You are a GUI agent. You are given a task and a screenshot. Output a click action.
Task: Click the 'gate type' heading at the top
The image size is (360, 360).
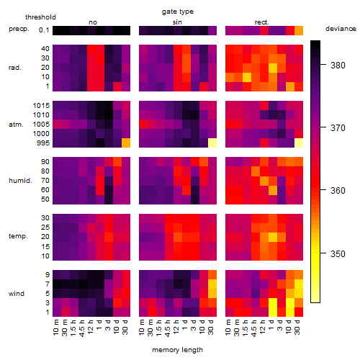click(x=178, y=12)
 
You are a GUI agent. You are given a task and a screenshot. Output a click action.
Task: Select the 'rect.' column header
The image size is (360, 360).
click(x=262, y=22)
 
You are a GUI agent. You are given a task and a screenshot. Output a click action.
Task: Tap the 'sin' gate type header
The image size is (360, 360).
click(x=177, y=22)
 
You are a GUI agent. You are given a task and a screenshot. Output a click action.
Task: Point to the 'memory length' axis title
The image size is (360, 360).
click(x=177, y=350)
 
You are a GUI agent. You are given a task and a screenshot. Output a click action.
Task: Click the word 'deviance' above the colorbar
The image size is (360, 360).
click(x=341, y=29)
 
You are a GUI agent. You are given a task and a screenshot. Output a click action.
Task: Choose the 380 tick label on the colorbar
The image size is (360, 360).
click(x=338, y=65)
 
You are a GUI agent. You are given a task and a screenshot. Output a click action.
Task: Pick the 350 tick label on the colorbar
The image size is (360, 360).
click(x=338, y=253)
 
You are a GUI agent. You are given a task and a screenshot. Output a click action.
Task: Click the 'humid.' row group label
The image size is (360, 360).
click(x=20, y=181)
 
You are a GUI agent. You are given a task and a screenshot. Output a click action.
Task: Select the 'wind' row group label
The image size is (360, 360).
click(x=17, y=294)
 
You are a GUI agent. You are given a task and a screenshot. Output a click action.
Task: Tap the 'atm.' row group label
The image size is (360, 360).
click(x=16, y=125)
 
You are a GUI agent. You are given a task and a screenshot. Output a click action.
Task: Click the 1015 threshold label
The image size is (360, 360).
click(x=41, y=105)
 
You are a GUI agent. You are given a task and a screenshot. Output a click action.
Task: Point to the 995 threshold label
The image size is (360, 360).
click(x=43, y=143)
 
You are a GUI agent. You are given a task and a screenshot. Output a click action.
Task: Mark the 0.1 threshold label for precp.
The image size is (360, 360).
click(x=44, y=30)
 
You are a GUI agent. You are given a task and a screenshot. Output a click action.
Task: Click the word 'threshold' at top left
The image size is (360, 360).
click(x=40, y=17)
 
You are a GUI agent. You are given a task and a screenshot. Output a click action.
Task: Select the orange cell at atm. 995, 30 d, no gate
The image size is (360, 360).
click(x=126, y=143)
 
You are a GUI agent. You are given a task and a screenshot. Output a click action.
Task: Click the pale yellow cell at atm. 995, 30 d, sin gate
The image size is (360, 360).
click(x=212, y=143)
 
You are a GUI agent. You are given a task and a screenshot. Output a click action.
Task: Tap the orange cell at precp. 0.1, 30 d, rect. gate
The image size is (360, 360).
click(x=299, y=30)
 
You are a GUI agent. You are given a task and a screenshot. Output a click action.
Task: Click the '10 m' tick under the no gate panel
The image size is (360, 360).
click(x=56, y=328)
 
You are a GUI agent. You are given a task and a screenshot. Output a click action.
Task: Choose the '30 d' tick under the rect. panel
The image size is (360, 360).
click(x=297, y=328)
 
